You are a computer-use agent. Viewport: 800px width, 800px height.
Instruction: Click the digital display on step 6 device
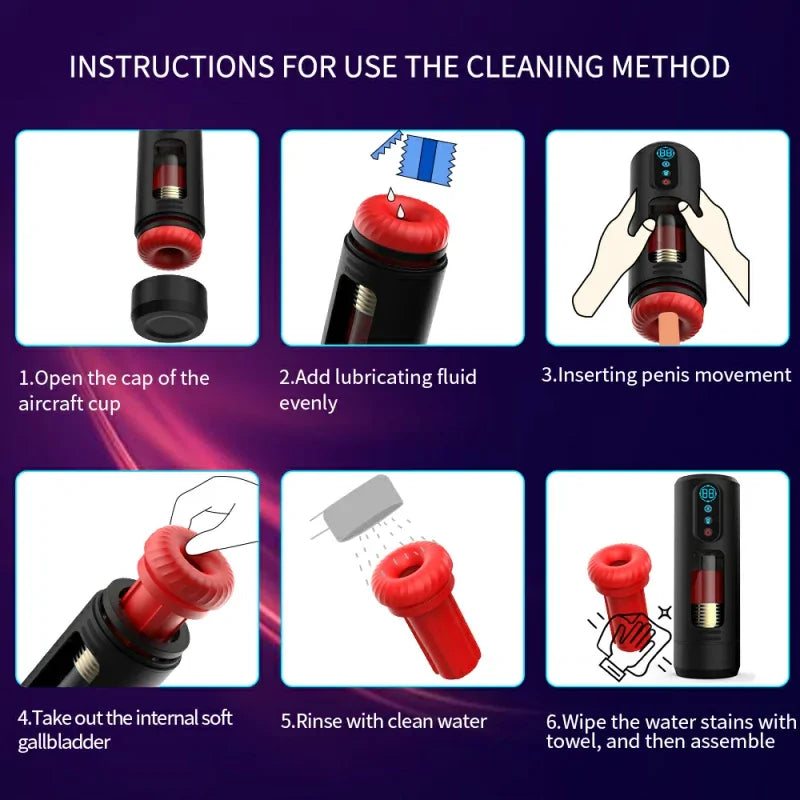708,494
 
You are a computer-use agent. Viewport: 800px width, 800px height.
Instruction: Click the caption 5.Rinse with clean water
383,721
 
